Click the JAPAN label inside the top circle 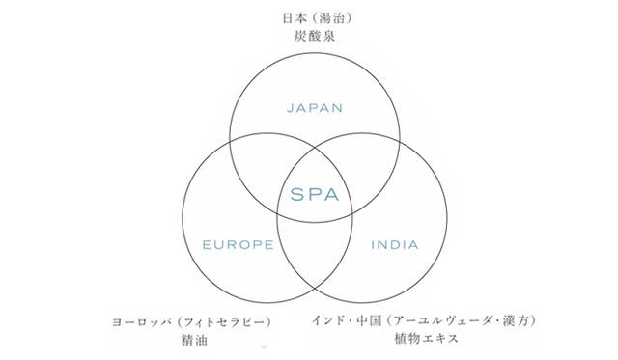click(315, 108)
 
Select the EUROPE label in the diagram click(238, 244)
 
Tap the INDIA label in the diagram click(395, 244)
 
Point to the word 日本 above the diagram click(287, 18)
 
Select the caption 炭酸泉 click(315, 38)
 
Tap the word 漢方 click(519, 318)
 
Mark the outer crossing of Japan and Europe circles click(230, 140)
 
